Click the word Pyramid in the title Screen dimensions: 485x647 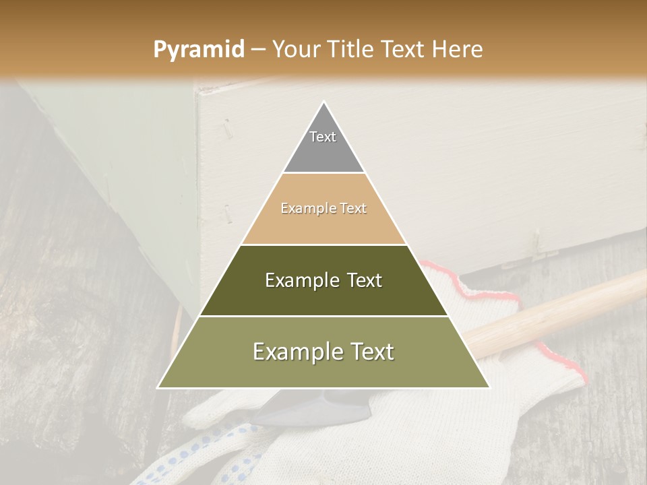coord(199,50)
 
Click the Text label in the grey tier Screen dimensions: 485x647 coord(323,137)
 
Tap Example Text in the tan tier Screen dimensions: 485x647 coord(323,208)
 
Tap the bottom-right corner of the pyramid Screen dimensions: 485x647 coord(489,387)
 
